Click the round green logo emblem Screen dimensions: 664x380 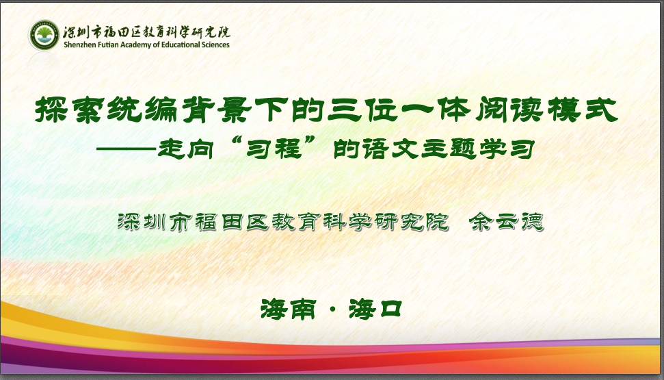pyautogui.click(x=44, y=35)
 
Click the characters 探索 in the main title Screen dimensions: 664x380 pyautogui.click(x=70, y=110)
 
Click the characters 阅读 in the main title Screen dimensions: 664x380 pyautogui.click(x=509, y=110)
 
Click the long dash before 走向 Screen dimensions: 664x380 pyautogui.click(x=126, y=149)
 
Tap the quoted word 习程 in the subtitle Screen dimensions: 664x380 pyautogui.click(x=274, y=149)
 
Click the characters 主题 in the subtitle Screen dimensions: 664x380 pyautogui.click(x=449, y=149)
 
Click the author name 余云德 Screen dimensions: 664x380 pyautogui.click(x=506, y=222)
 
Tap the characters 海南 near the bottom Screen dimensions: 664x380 pyautogui.click(x=288, y=309)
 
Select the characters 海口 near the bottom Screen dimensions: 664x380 pyautogui.click(x=375, y=309)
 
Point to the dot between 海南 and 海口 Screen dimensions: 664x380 pyautogui.click(x=332, y=309)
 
